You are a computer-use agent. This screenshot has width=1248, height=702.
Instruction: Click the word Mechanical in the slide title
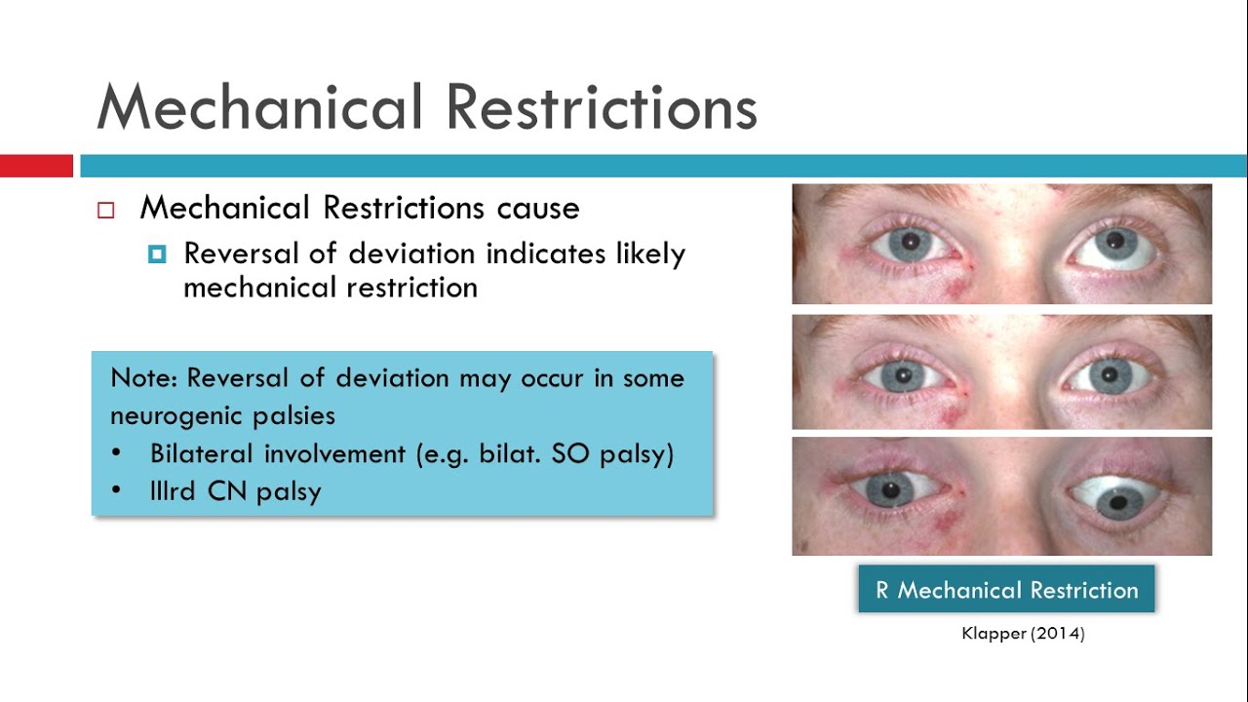(x=259, y=106)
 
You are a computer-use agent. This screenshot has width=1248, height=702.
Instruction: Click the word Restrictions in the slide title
(x=603, y=106)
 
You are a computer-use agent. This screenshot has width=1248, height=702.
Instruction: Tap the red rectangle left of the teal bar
(x=36, y=166)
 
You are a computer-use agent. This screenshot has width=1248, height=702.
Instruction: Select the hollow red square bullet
(x=106, y=210)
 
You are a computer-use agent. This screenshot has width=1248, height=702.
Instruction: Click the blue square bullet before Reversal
(x=157, y=254)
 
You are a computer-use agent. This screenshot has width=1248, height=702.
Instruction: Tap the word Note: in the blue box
(x=143, y=378)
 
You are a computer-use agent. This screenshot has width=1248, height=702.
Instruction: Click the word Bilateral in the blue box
(x=202, y=453)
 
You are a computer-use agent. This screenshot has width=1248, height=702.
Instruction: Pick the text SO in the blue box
(x=570, y=453)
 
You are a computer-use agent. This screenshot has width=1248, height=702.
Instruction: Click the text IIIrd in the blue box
(x=173, y=491)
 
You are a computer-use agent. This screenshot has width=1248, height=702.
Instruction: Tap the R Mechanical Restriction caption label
(x=1006, y=590)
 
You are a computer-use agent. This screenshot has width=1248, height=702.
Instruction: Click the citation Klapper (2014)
(x=1023, y=634)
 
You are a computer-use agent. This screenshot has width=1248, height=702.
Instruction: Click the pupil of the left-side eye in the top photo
(x=911, y=243)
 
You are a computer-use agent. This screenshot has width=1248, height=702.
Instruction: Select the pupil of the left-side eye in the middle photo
(x=903, y=374)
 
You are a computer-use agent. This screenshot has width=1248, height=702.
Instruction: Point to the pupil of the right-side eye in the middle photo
(x=1110, y=374)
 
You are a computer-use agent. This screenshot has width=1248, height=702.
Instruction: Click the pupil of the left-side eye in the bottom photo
(x=890, y=490)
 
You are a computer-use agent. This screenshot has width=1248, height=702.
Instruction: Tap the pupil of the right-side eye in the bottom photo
(x=1118, y=503)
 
